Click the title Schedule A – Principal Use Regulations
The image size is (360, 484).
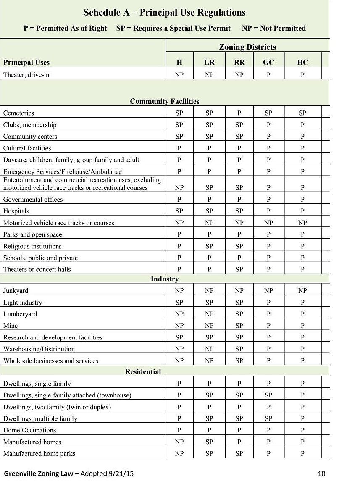(165, 13)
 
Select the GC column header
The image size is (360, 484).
(268, 62)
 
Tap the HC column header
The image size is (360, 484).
(302, 62)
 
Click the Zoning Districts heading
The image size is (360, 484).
(247, 47)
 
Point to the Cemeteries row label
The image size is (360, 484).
(18, 113)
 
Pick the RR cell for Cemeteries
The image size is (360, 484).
(239, 113)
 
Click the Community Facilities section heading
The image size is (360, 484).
(165, 101)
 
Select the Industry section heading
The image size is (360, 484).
(165, 279)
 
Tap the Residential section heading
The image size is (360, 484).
(143, 371)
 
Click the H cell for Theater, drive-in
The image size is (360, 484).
(179, 75)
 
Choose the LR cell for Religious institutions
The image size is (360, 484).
(209, 246)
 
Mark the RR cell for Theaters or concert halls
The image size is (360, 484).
(239, 269)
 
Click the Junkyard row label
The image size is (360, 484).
(16, 291)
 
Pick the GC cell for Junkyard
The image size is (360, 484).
(268, 291)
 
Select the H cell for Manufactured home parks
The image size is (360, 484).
(179, 453)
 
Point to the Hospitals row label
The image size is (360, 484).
(16, 211)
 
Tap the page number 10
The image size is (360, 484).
(321, 474)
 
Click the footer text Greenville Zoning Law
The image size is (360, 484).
(39, 474)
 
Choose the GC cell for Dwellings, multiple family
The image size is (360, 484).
(268, 418)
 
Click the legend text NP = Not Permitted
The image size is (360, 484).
(274, 28)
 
